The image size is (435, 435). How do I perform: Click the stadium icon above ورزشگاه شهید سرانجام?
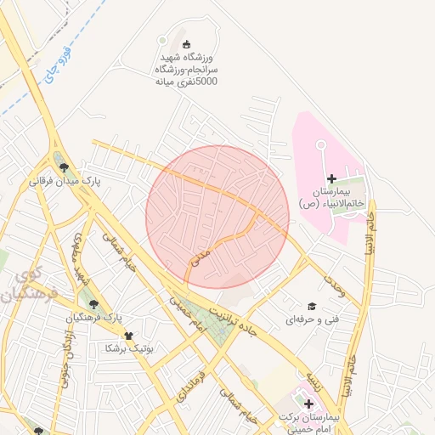click(x=187, y=44)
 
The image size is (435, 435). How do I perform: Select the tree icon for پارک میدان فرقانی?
click(x=65, y=167)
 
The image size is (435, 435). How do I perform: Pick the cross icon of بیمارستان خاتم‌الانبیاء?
click(x=331, y=178)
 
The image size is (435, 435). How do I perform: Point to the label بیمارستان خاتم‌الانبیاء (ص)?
click(x=331, y=197)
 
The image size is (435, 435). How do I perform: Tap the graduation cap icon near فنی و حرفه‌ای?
click(x=313, y=306)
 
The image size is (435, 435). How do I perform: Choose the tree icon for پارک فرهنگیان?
click(x=93, y=303)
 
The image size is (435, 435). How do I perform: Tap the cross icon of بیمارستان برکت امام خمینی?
click(x=308, y=404)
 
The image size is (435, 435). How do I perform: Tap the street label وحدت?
click(x=334, y=284)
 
